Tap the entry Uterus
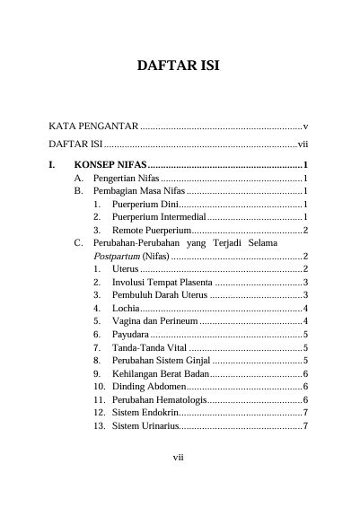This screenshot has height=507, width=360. (x=126, y=269)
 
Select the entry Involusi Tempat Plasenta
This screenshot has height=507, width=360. (x=163, y=283)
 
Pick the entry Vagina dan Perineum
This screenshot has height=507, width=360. (x=154, y=321)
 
